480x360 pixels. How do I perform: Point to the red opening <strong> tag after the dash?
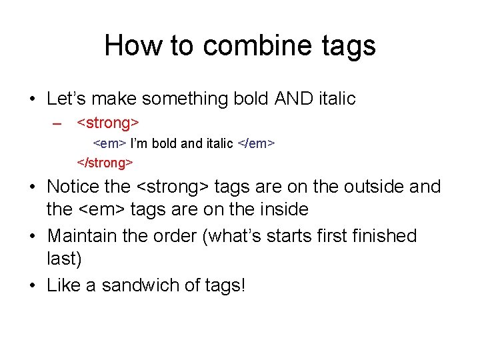pyautogui.click(x=108, y=123)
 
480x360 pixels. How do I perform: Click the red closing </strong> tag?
pyautogui.click(x=105, y=163)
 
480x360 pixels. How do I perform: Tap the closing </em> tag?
pyautogui.click(x=257, y=143)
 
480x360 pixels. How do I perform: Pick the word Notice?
pyautogui.click(x=73, y=187)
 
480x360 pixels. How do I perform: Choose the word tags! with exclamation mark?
pyautogui.click(x=223, y=286)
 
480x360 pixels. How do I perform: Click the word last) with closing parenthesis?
pyautogui.click(x=63, y=259)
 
